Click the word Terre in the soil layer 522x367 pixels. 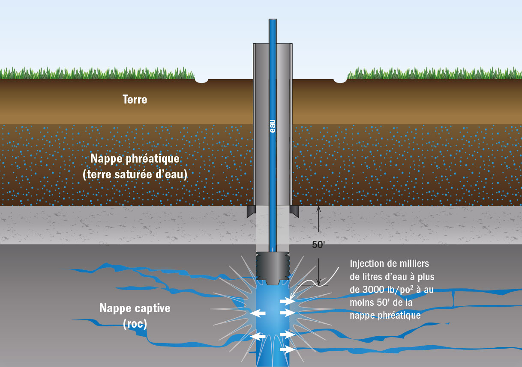click(x=135, y=100)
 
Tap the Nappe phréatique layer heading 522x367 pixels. click(x=135, y=159)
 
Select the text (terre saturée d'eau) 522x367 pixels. click(x=135, y=175)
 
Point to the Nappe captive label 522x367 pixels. click(x=135, y=308)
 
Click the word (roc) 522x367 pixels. click(x=135, y=324)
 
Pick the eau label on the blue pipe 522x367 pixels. click(x=273, y=126)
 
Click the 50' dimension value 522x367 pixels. click(x=319, y=245)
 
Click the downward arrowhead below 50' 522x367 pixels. click(x=319, y=283)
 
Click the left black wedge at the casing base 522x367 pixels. click(x=251, y=211)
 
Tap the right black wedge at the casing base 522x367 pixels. click(x=294, y=211)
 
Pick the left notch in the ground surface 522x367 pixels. click(x=202, y=80)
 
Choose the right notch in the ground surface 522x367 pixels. click(x=340, y=80)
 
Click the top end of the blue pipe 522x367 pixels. click(x=273, y=20)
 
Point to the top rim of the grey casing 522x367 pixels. click(x=273, y=44)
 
